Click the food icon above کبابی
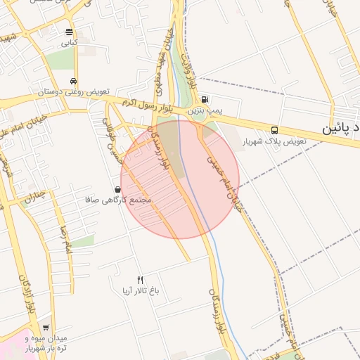point(68,32)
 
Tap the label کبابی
point(68,43)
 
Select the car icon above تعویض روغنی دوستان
point(74,80)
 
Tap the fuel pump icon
point(205,99)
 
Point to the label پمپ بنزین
point(205,111)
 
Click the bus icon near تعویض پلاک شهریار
point(274,130)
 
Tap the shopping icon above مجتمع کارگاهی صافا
point(117,189)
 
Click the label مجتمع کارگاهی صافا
point(117,200)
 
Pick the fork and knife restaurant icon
point(140,279)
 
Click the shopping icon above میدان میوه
point(46,327)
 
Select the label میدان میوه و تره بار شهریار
point(46,343)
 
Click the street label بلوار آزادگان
point(29,294)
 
